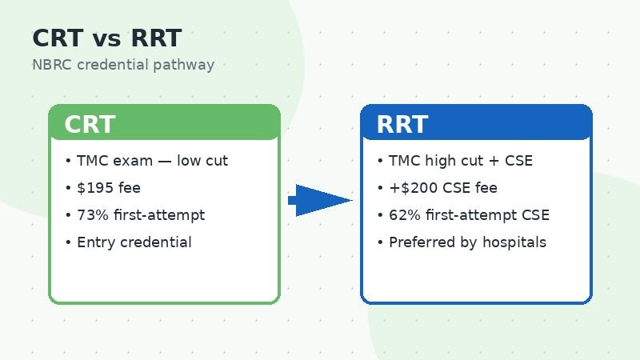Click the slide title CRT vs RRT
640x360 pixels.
(x=106, y=38)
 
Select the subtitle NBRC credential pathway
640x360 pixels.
(x=123, y=65)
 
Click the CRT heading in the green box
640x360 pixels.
(x=90, y=125)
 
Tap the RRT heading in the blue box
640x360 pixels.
(x=402, y=125)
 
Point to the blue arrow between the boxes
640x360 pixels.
(x=320, y=200)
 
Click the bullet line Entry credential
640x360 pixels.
(x=134, y=242)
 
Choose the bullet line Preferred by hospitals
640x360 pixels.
(x=467, y=242)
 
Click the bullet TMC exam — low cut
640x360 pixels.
(x=152, y=161)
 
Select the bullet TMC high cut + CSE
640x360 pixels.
(x=460, y=161)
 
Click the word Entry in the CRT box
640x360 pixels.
(x=94, y=242)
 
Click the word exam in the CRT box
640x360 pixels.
(x=126, y=161)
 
